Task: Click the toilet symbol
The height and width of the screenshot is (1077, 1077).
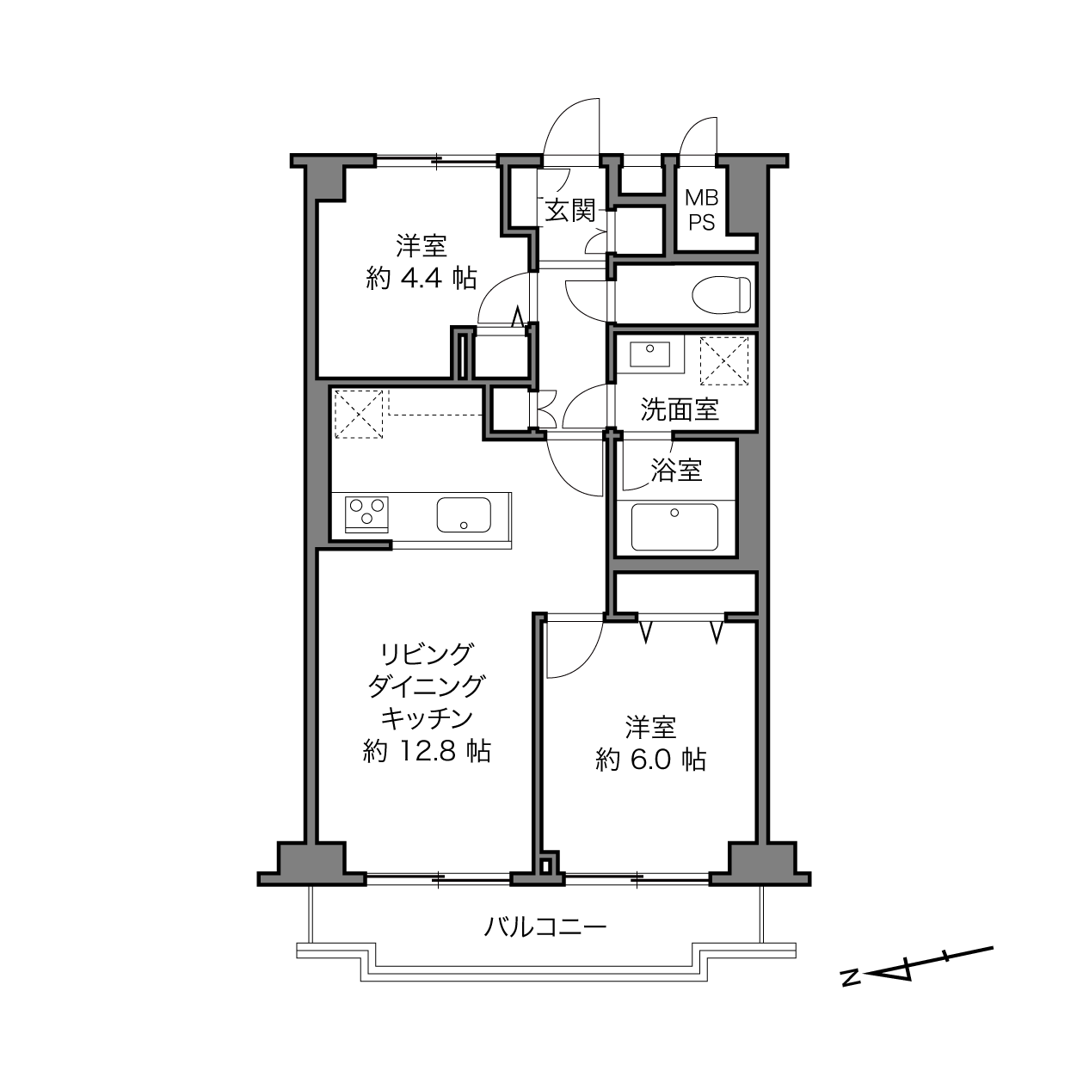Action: point(721,294)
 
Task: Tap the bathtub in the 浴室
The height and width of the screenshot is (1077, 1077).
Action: point(674,527)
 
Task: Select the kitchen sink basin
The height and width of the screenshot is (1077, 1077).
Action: point(464,514)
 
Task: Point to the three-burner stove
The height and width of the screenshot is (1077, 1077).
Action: point(366,513)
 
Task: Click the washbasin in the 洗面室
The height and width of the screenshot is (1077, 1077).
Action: point(650,354)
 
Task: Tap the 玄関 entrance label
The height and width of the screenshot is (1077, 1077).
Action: point(570,210)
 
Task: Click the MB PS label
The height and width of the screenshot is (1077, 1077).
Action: point(701,210)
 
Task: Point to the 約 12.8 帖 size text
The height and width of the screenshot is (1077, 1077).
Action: point(427,752)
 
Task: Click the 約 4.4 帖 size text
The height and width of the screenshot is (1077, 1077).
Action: point(422,278)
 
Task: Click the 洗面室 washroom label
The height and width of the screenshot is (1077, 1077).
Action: point(680,409)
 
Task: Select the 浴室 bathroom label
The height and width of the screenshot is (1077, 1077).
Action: point(676,470)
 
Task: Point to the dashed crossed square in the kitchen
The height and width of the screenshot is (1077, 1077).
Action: point(359,414)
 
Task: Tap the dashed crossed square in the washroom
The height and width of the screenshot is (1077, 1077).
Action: point(723,360)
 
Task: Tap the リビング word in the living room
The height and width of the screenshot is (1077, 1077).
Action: point(427,654)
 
